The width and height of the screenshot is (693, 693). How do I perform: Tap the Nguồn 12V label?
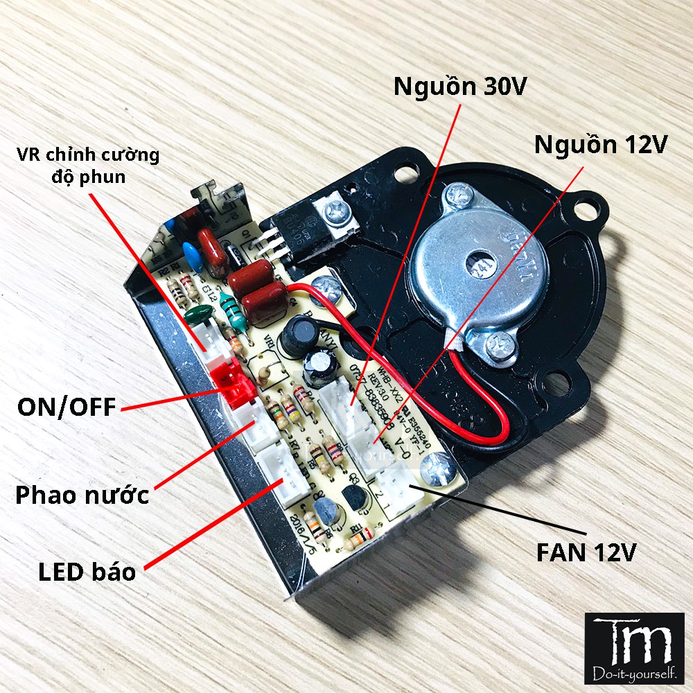click(x=600, y=145)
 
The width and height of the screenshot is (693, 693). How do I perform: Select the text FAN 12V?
click(x=586, y=552)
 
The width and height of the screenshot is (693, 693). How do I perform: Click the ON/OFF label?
click(x=67, y=407)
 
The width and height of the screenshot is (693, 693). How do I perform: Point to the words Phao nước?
click(x=82, y=495)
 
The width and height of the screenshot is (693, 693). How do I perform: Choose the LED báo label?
click(x=87, y=572)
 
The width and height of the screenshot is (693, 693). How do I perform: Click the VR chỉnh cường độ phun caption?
click(x=88, y=165)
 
